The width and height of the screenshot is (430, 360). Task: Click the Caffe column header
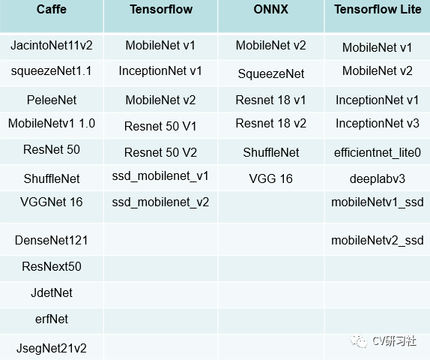pyautogui.click(x=52, y=9)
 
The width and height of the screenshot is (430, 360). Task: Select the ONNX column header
pyautogui.click(x=270, y=9)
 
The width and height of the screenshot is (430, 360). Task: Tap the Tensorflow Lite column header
pyautogui.click(x=378, y=9)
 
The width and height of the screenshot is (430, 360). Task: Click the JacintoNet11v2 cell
pyautogui.click(x=52, y=45)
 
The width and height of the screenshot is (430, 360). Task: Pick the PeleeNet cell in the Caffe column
pyautogui.click(x=52, y=100)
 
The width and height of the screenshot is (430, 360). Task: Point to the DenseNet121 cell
pyautogui.click(x=52, y=240)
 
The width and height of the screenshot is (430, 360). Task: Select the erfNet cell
pyautogui.click(x=52, y=319)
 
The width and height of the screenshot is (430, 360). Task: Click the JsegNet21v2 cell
pyautogui.click(x=52, y=348)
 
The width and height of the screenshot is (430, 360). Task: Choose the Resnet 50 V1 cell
pyautogui.click(x=160, y=126)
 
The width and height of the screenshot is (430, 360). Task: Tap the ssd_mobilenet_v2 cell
pyautogui.click(x=160, y=202)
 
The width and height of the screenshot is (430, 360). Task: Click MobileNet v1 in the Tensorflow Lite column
pyautogui.click(x=377, y=47)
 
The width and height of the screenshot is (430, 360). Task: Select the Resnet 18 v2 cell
pyautogui.click(x=270, y=123)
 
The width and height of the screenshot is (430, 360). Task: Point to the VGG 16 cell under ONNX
pyautogui.click(x=270, y=178)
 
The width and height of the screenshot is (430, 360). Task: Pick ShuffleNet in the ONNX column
pyautogui.click(x=271, y=152)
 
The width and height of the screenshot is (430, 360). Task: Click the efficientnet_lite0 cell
pyautogui.click(x=378, y=153)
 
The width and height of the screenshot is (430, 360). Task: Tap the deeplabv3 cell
pyautogui.click(x=378, y=179)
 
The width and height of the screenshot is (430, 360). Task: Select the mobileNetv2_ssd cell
pyautogui.click(x=378, y=241)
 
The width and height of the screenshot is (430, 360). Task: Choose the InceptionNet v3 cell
pyautogui.click(x=378, y=123)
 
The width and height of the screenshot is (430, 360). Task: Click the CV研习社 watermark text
pyautogui.click(x=394, y=341)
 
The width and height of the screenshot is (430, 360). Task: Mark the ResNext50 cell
pyautogui.click(x=52, y=266)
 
